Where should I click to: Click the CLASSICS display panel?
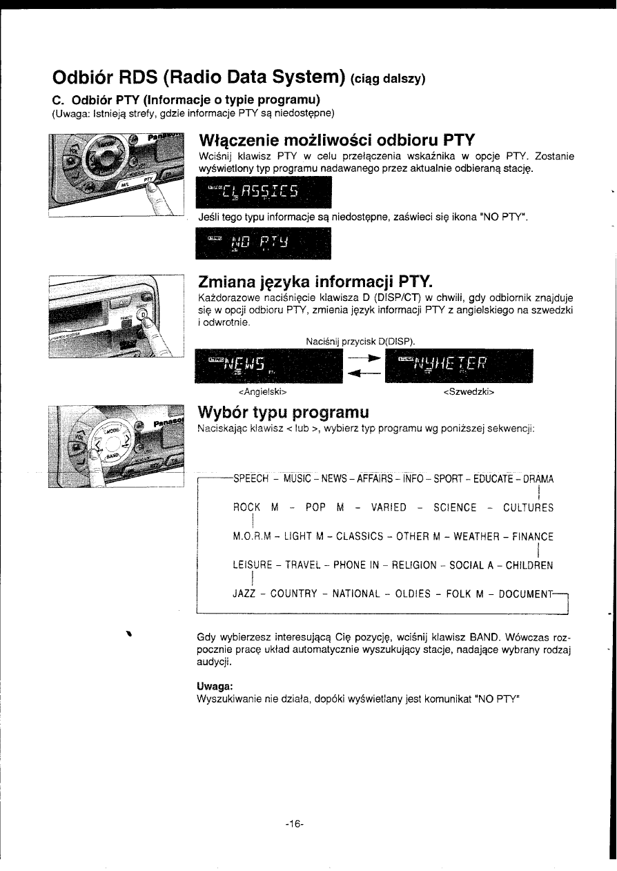point(264,192)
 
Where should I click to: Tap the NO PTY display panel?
point(263,244)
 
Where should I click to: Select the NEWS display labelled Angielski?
point(268,366)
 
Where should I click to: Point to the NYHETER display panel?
point(459,366)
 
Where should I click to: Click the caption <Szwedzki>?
point(469,392)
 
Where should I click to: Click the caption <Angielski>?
point(262,392)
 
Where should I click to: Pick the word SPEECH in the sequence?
point(251,479)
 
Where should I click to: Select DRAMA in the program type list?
point(538,479)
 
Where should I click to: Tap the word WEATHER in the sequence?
point(476,536)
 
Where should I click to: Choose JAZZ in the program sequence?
point(244,594)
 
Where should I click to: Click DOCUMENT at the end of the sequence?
point(525,594)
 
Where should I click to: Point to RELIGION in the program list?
point(414,565)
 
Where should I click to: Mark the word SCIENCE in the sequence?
point(455,508)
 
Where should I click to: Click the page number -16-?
point(294,823)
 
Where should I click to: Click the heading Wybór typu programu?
point(284,412)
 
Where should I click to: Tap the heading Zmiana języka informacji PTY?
point(315,282)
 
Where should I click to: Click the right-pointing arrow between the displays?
point(364,358)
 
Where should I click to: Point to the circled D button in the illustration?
point(144,314)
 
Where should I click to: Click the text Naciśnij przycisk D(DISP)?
point(361,342)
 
